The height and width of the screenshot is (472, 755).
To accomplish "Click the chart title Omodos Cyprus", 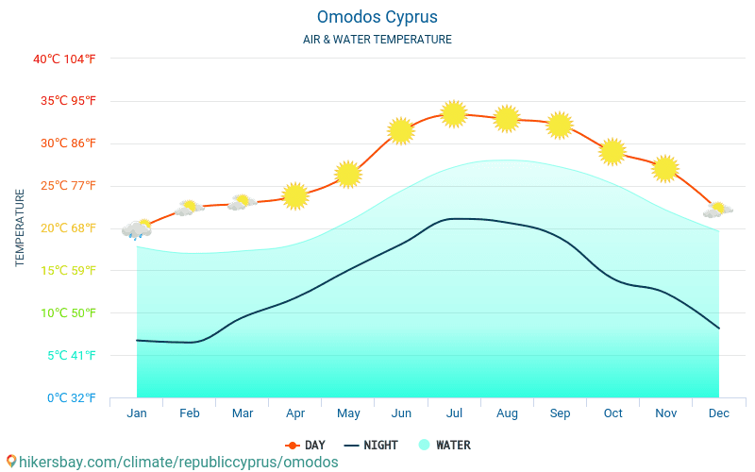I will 377,17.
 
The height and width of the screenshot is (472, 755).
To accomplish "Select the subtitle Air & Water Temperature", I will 377,40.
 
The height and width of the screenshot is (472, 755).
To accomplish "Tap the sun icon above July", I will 454,114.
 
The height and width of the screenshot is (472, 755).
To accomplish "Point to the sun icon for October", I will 612,151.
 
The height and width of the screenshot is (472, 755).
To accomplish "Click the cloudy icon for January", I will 137,229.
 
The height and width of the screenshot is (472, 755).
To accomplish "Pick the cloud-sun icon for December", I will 718,210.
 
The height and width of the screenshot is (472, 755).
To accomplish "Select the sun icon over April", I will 295,196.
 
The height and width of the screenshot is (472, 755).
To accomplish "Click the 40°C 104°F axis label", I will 64,59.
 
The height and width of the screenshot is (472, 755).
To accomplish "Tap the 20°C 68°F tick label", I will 64,228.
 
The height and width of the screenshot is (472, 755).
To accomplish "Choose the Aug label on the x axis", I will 507,413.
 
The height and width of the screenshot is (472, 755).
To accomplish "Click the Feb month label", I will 190,413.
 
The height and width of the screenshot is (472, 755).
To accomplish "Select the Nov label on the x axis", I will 665,413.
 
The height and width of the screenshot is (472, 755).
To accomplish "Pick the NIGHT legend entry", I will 371,445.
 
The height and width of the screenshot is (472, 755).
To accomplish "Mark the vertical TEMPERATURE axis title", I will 20,228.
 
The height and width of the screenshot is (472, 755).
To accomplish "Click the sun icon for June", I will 401,131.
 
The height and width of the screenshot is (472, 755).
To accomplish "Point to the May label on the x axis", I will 348,413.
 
